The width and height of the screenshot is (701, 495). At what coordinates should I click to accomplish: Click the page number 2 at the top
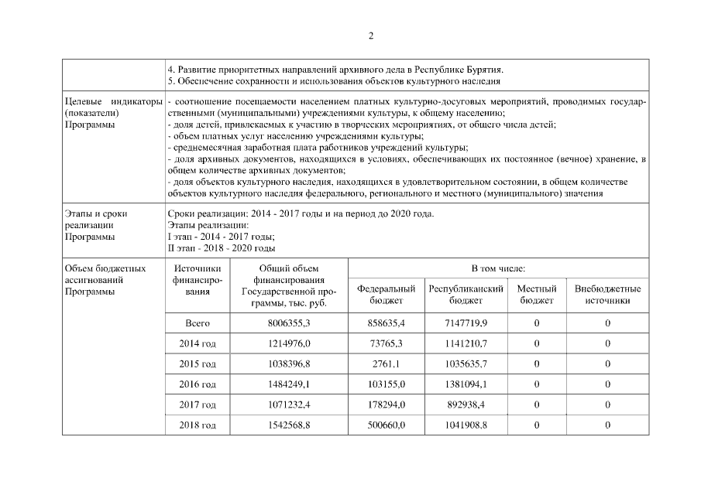[x=371, y=35]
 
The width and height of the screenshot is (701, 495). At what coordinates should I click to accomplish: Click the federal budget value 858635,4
[x=385, y=323]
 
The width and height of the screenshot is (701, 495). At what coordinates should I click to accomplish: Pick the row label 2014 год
[x=198, y=343]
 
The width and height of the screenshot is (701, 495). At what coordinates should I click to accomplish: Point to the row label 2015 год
[x=198, y=364]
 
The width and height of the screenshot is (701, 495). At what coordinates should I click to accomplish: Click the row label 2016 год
[x=198, y=384]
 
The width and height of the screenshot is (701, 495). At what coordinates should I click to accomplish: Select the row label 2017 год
[x=198, y=405]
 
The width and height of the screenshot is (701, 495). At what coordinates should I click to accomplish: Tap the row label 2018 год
[x=198, y=425]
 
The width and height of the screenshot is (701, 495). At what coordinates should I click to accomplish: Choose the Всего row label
[x=198, y=323]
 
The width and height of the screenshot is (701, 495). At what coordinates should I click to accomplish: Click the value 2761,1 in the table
[x=385, y=364]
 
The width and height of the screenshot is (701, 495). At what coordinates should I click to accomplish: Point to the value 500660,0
[x=385, y=425]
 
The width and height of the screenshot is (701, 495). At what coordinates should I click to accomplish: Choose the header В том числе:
[x=498, y=268]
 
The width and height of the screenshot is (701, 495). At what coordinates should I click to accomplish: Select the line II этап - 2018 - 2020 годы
[x=222, y=248]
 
